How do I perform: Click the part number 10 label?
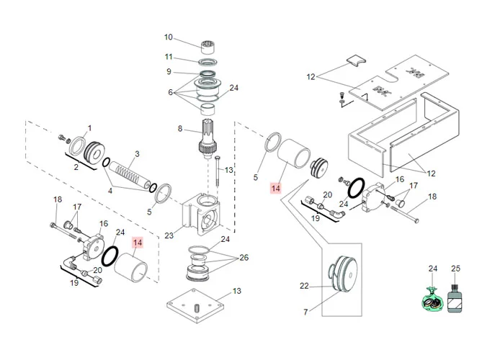pyautogui.click(x=169, y=37)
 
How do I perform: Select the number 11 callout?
pyautogui.click(x=169, y=57)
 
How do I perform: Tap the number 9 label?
pyautogui.click(x=169, y=71)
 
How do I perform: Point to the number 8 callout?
pyautogui.click(x=181, y=129)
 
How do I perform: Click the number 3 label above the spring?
pyautogui.click(x=137, y=154)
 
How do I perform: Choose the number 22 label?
pyautogui.click(x=304, y=287)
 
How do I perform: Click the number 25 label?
pyautogui.click(x=455, y=269)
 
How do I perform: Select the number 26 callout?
pyautogui.click(x=244, y=258)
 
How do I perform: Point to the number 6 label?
pyautogui.click(x=171, y=92)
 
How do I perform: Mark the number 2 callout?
pyautogui.click(x=76, y=166)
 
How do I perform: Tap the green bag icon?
pyautogui.click(x=433, y=297)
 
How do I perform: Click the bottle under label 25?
pyautogui.click(x=455, y=298)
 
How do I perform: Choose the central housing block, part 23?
pyautogui.click(x=205, y=215)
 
